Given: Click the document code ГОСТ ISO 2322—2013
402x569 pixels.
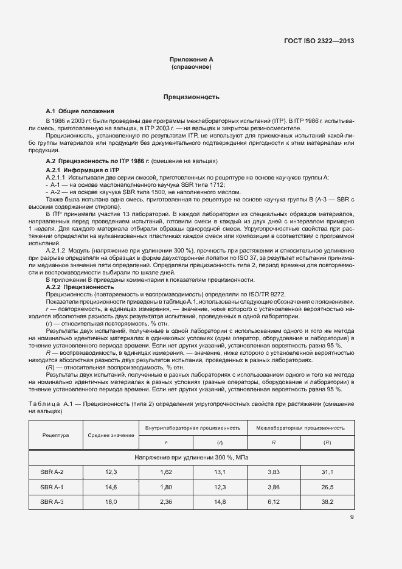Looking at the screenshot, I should (x=319, y=41).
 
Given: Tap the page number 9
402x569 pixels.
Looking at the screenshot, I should (x=352, y=518).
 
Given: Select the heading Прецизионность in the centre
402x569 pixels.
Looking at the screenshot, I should (x=192, y=97).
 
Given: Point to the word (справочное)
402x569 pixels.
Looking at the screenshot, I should (x=192, y=67).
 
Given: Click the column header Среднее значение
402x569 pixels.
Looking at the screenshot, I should (x=111, y=435).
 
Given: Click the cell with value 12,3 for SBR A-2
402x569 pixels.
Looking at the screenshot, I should (x=111, y=472).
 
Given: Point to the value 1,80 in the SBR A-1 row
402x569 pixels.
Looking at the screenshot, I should (x=165, y=487).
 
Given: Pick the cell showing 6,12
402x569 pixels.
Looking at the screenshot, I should (x=273, y=501).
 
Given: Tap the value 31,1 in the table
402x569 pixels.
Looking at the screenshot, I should (x=327, y=472).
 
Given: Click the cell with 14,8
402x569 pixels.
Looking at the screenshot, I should (x=220, y=501).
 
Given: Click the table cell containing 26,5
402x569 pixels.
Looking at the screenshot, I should (x=327, y=487).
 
